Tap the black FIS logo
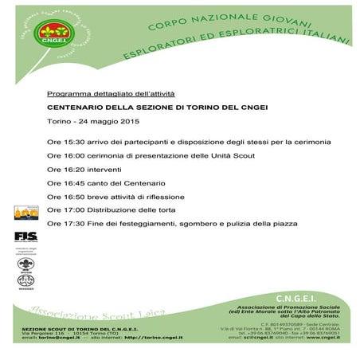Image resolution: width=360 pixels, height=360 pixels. [x=25, y=235]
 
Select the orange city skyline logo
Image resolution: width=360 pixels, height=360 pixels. [x=25, y=212]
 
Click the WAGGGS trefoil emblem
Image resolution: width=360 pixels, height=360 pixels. [x=25, y=280]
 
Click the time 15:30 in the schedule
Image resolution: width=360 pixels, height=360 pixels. [x=71, y=142]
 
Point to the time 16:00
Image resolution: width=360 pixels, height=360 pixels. [x=71, y=155]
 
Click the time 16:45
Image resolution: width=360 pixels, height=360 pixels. [x=71, y=182]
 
